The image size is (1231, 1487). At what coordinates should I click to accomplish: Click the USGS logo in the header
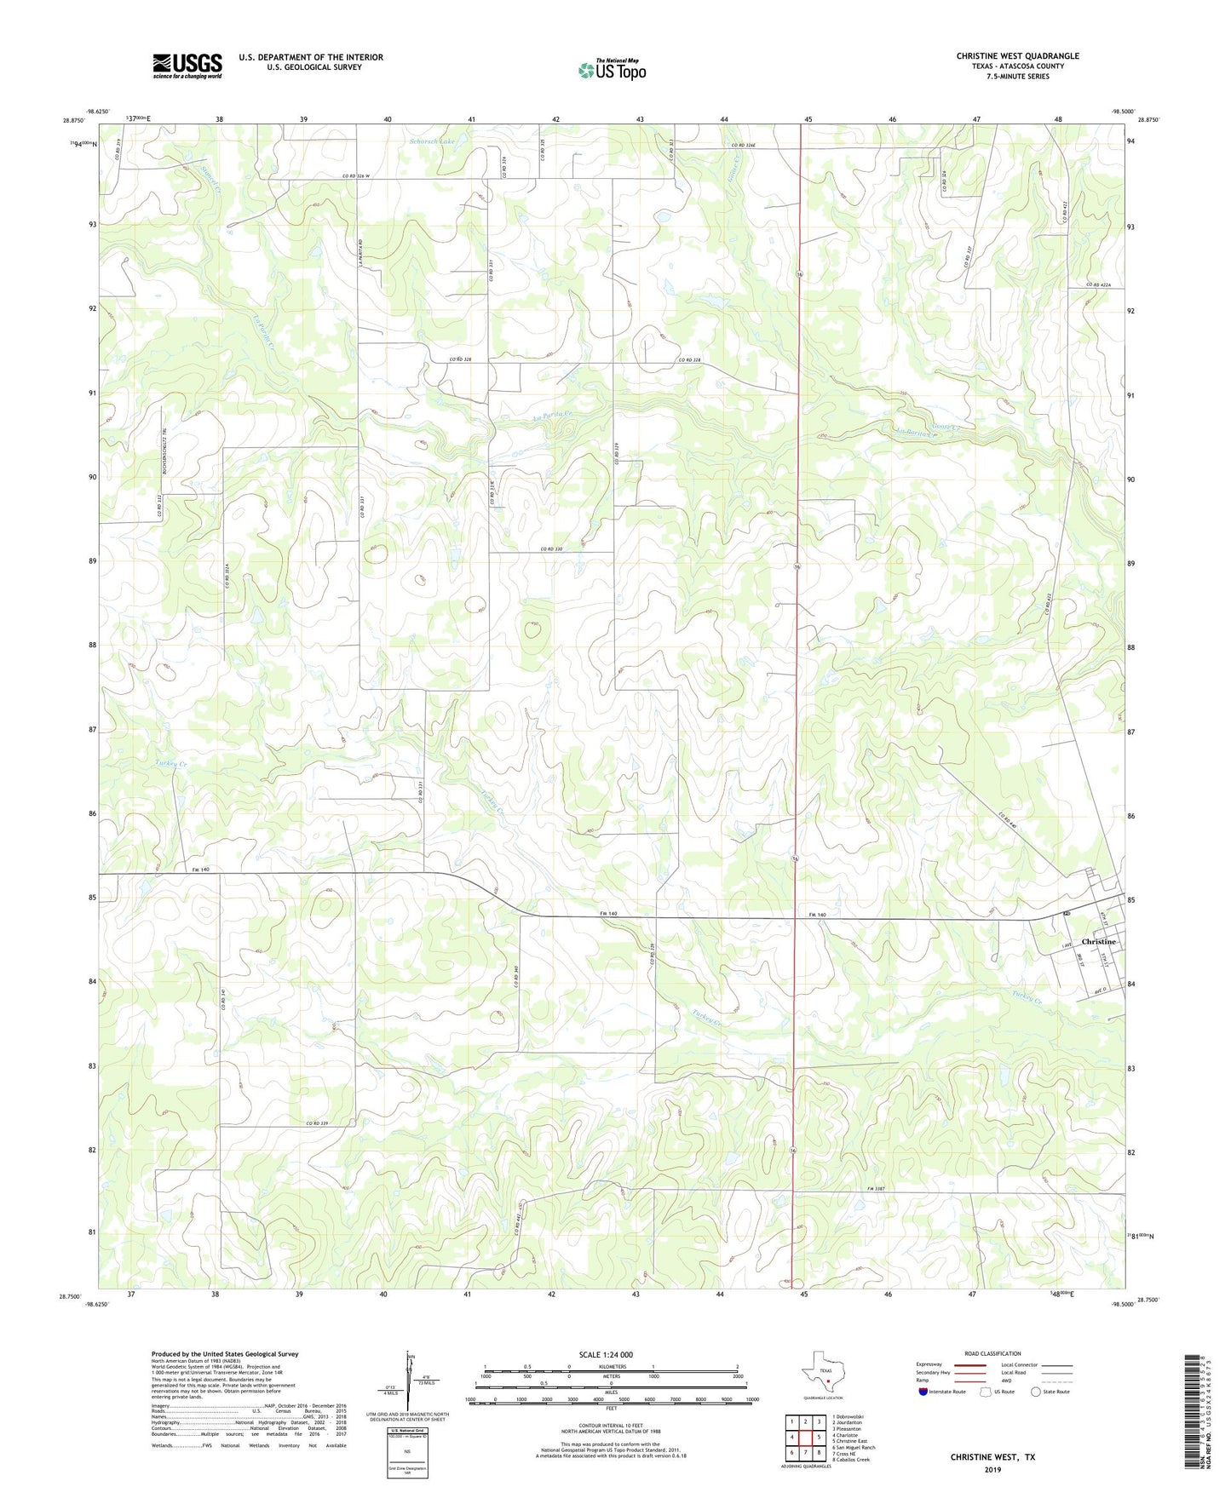click(187, 65)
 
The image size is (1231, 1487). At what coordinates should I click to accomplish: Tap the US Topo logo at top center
click(610, 69)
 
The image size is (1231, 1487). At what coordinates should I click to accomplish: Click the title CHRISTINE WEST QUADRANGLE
click(1017, 56)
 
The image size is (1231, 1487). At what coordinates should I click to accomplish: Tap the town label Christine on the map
click(1098, 942)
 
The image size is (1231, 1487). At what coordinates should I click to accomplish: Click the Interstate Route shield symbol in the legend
click(923, 1391)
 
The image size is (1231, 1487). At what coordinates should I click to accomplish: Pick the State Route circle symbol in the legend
click(1036, 1392)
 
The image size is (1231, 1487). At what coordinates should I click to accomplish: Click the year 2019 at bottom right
click(992, 1469)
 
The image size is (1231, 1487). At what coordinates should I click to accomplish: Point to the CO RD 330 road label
click(552, 549)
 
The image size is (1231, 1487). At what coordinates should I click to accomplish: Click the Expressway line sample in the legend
click(964, 1364)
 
